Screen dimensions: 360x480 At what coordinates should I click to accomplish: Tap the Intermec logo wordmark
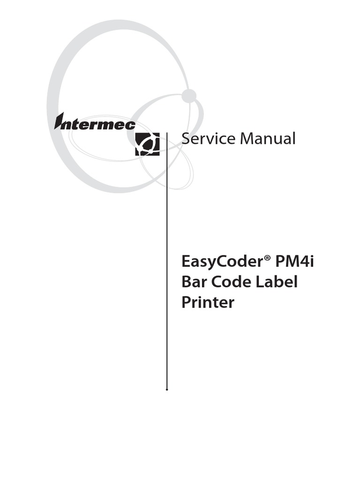(x=95, y=123)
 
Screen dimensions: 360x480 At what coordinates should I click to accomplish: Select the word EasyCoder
(x=221, y=262)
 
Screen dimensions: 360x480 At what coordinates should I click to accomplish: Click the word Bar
(x=194, y=282)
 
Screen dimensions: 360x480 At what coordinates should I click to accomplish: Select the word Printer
(x=208, y=303)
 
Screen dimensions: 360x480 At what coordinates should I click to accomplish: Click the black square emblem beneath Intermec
(x=147, y=144)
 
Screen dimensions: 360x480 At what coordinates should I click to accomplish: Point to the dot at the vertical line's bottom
(x=167, y=389)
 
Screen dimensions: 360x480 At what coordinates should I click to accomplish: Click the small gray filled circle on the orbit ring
(x=189, y=96)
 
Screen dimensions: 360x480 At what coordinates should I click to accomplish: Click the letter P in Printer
(x=186, y=303)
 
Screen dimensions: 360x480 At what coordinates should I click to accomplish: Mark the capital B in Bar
(x=186, y=282)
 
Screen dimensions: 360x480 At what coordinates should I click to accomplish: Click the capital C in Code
(x=217, y=282)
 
